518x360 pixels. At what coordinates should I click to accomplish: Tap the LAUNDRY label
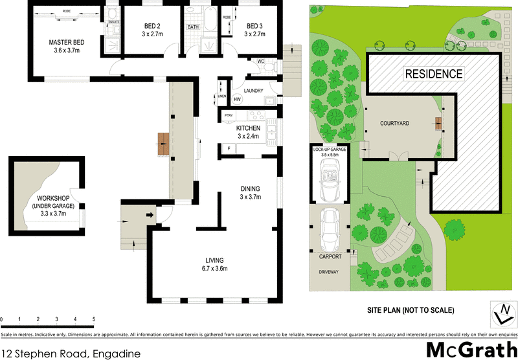[253, 91]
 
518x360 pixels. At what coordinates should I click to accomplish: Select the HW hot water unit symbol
[237, 100]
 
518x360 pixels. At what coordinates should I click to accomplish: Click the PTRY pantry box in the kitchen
[228, 115]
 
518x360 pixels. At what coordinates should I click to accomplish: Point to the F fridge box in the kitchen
[228, 148]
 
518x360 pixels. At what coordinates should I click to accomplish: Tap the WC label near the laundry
[261, 62]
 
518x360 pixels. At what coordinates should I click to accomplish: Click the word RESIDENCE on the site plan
[433, 74]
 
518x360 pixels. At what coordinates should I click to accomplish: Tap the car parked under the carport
[330, 231]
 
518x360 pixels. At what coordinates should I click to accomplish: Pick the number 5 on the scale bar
[94, 320]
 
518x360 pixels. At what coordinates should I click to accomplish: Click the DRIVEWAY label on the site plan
[328, 272]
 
